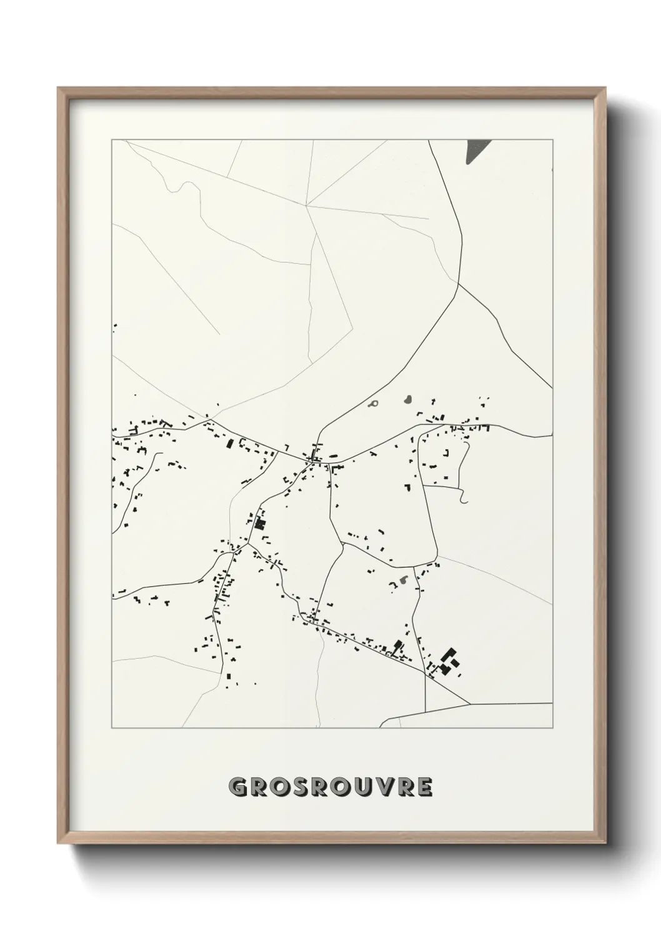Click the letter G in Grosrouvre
click(x=239, y=787)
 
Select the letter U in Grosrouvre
click(x=366, y=787)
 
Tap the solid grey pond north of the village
click(x=407, y=398)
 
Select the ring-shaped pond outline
click(x=374, y=404)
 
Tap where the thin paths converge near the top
click(x=306, y=205)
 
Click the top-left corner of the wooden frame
click(x=58, y=88)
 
